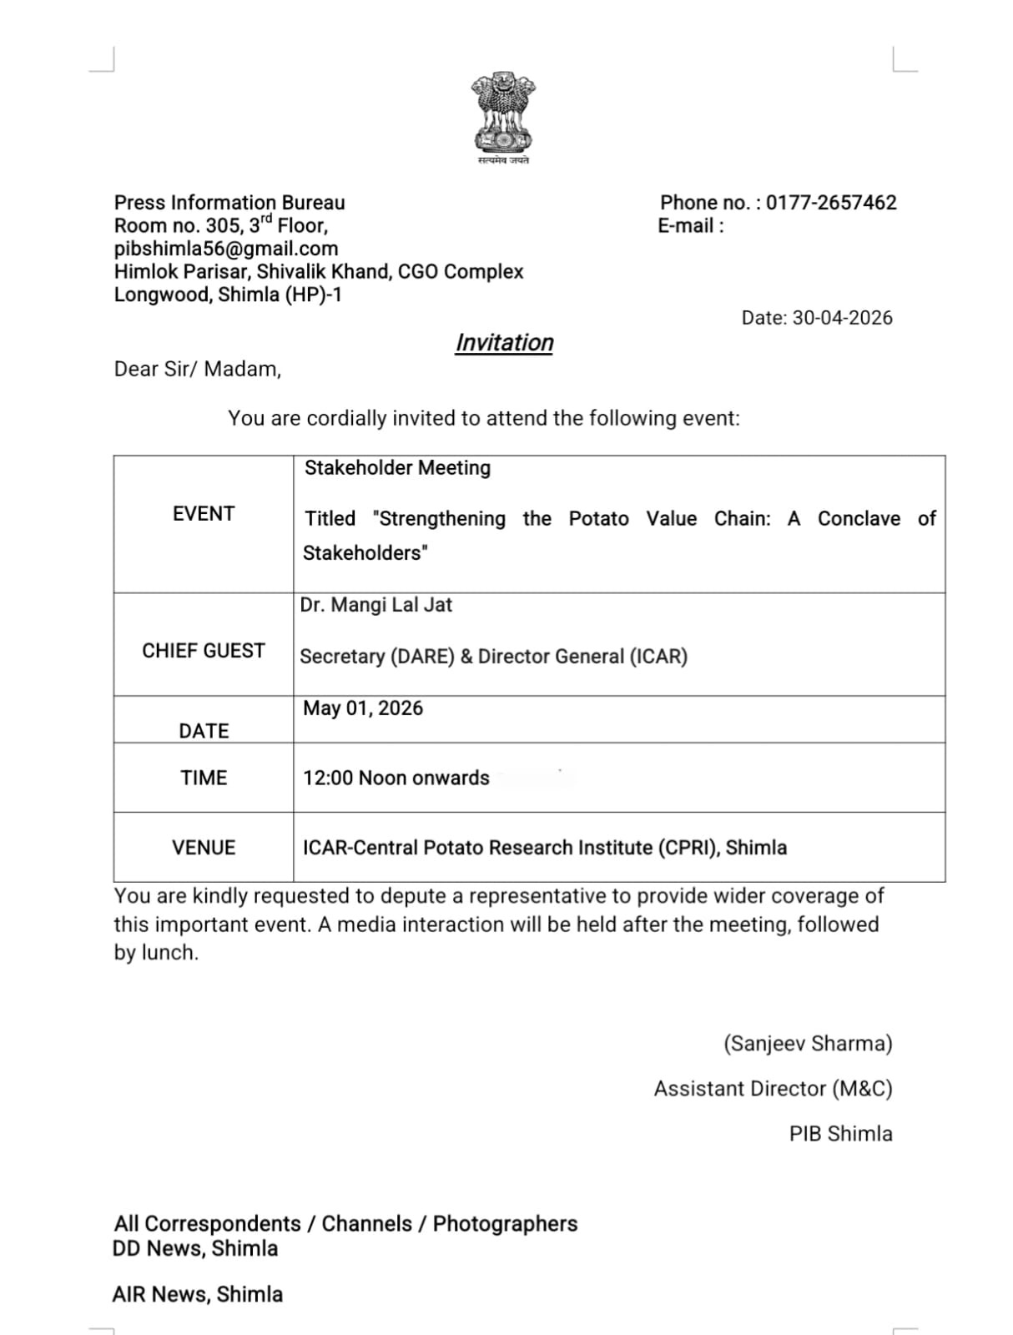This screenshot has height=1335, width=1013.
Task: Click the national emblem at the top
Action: pos(503,113)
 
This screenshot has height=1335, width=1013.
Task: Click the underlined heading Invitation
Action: pos(504,343)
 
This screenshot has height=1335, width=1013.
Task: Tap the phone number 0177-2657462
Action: pos(831,203)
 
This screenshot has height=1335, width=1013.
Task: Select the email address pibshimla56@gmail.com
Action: pos(226,249)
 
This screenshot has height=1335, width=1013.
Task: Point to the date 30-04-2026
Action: pos(842,318)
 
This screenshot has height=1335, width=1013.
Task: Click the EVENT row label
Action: pos(204,514)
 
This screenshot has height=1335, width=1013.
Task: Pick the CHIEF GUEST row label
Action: pos(204,651)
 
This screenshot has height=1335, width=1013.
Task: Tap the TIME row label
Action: pos(204,778)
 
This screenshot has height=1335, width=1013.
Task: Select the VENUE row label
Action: pos(204,848)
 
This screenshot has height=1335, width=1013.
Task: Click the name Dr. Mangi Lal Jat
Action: pos(376,605)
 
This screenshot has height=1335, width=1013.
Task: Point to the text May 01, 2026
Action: pos(363,708)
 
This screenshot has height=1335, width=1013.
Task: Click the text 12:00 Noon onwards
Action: pos(396,778)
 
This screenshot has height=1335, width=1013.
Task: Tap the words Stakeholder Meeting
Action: pos(397,468)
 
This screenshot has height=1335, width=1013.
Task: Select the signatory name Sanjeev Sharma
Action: pos(808,1044)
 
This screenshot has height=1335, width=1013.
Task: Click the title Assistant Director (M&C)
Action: pos(773,1089)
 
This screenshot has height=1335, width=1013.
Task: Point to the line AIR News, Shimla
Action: pos(198,1294)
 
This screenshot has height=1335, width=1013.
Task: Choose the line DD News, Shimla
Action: pos(195,1248)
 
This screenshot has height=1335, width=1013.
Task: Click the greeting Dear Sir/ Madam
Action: pos(198,369)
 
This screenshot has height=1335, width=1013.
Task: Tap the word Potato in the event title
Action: pos(598,519)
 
